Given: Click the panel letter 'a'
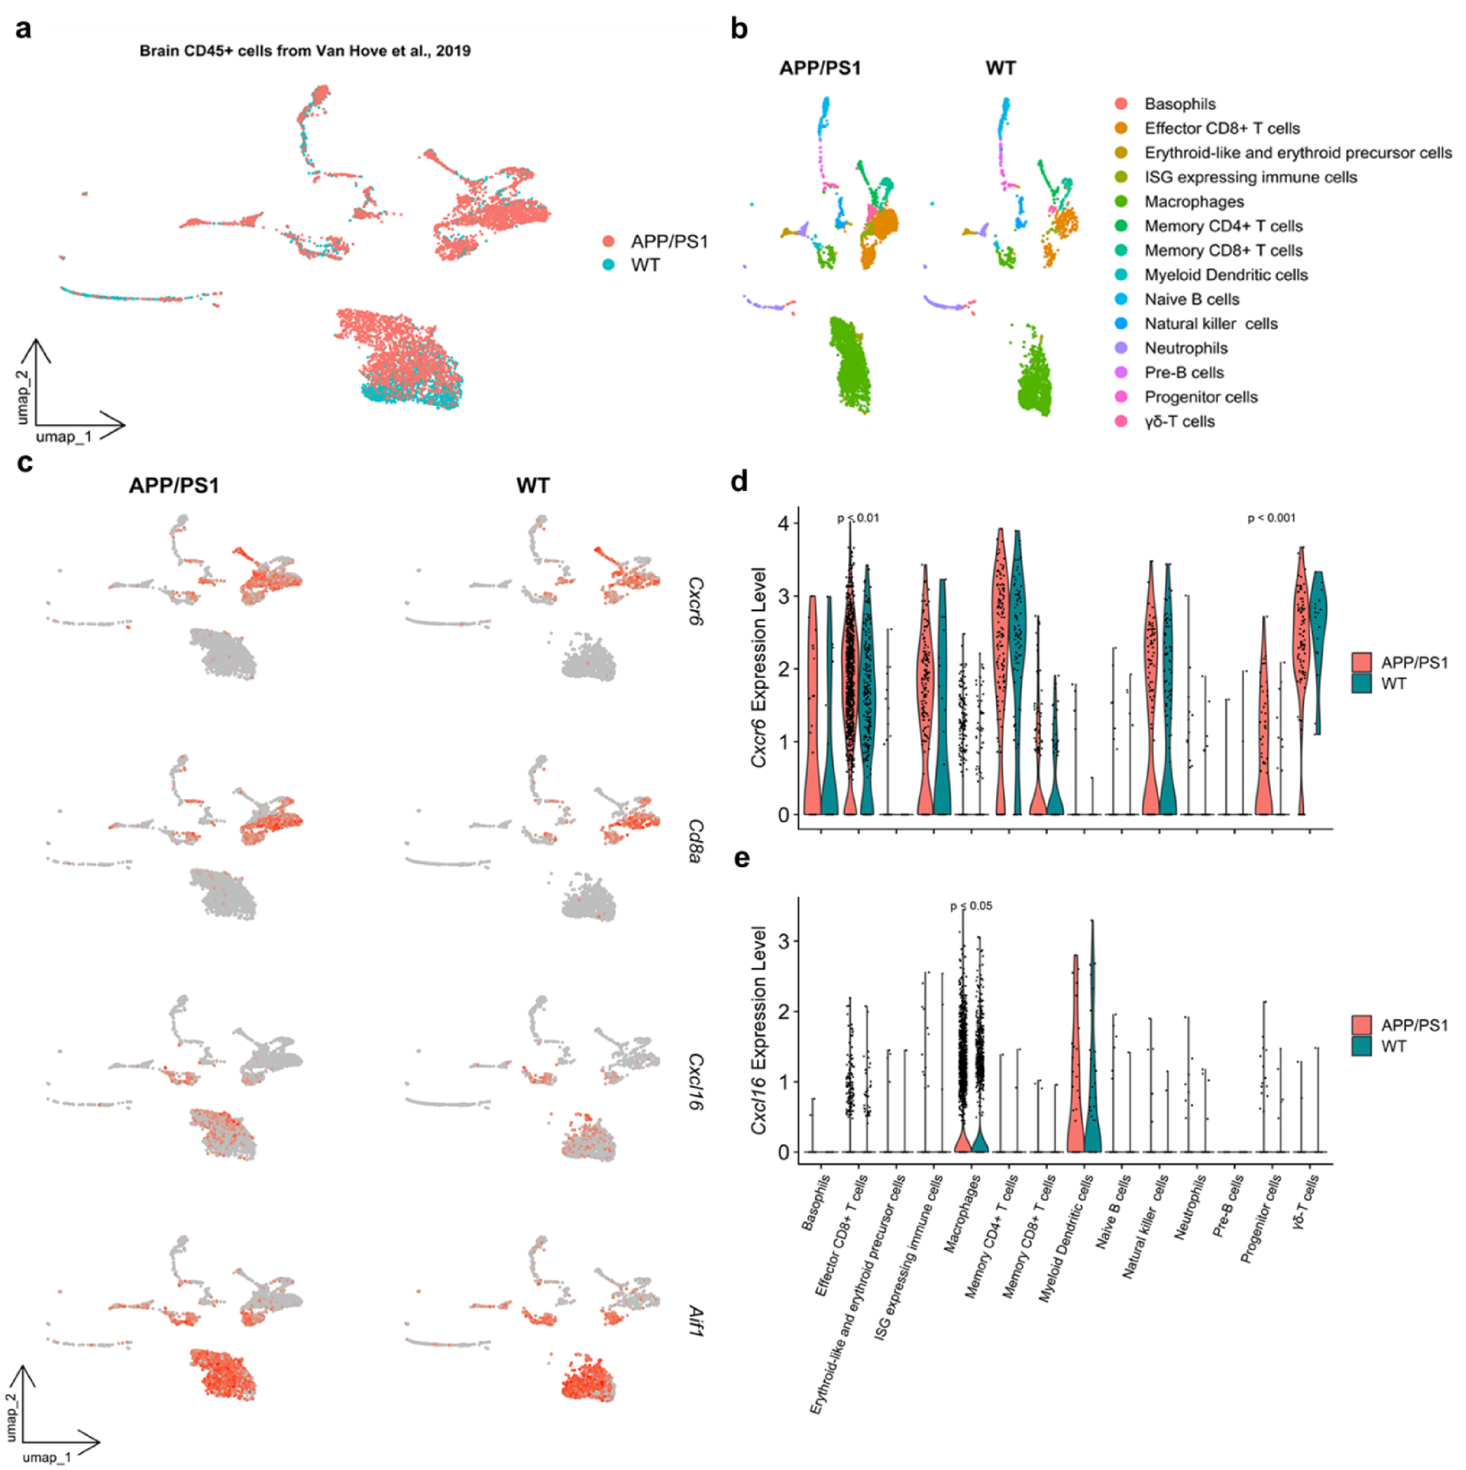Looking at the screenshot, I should click(x=24, y=30).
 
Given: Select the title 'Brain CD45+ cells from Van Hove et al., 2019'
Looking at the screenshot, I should click(x=305, y=51).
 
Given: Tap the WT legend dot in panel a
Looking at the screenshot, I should click(x=609, y=265).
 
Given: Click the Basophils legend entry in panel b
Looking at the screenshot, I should click(x=1180, y=104).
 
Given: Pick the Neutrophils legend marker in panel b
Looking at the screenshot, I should click(x=1121, y=348).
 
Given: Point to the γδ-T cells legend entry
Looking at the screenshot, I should click(x=1180, y=422).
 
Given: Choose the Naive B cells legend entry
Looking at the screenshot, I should click(x=1192, y=300).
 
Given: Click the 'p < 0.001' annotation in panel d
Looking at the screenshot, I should click(x=1271, y=518).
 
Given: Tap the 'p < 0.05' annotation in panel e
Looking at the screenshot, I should click(x=971, y=906).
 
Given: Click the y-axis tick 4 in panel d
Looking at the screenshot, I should click(x=783, y=524).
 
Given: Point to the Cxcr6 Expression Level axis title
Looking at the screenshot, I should click(x=759, y=667).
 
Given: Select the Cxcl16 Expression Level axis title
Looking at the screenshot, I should click(x=759, y=1030).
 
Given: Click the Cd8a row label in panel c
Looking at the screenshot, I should click(x=694, y=841).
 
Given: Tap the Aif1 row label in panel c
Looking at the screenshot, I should click(x=694, y=1321).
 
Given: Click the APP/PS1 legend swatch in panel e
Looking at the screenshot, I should click(x=1362, y=1025).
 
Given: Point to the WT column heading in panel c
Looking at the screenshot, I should click(x=533, y=486).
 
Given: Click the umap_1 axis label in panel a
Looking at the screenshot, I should click(x=64, y=437).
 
